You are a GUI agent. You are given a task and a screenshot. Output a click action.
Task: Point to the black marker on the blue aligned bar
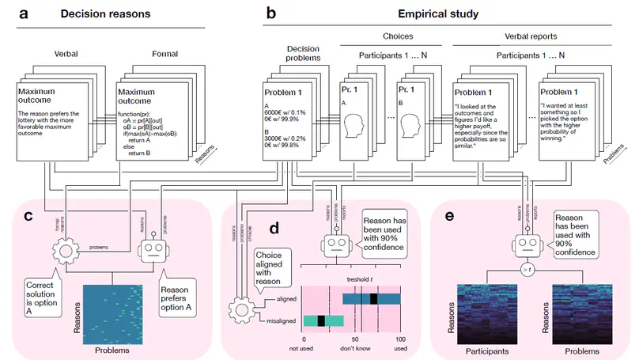(372, 298)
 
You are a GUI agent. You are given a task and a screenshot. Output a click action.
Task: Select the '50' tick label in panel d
(355, 337)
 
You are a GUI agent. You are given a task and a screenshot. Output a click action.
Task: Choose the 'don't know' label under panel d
(356, 347)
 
